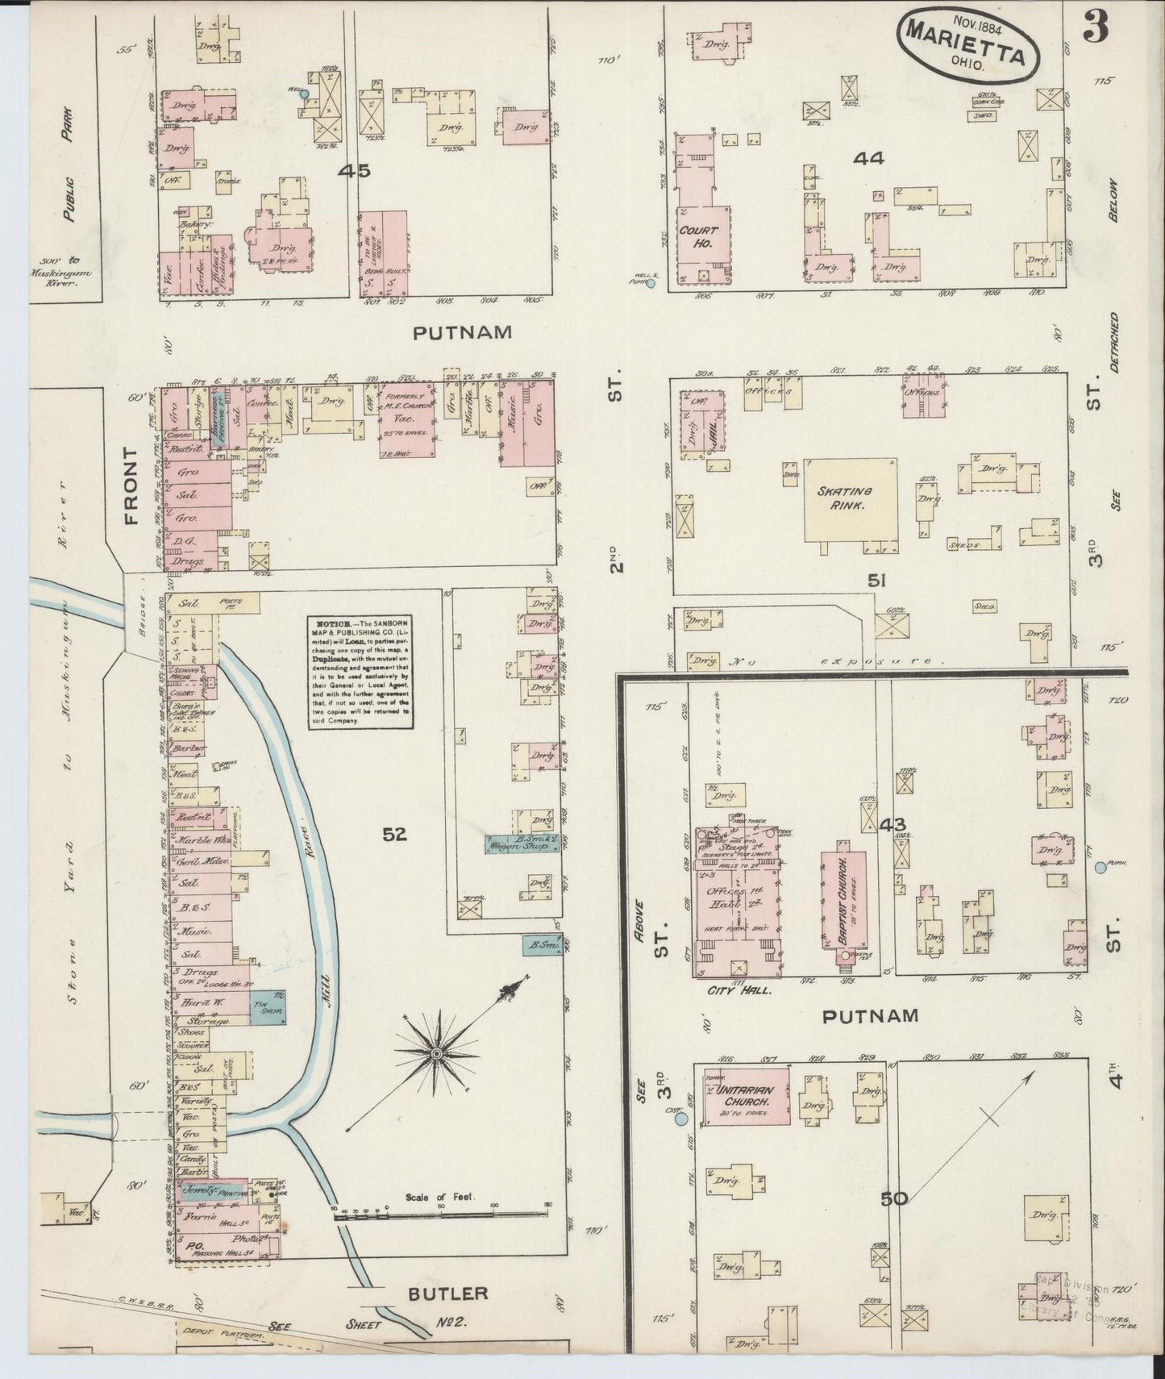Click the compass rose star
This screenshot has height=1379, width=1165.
[x=435, y=1053]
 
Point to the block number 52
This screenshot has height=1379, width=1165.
[x=394, y=835]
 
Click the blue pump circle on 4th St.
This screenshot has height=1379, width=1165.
[x=1101, y=868]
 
